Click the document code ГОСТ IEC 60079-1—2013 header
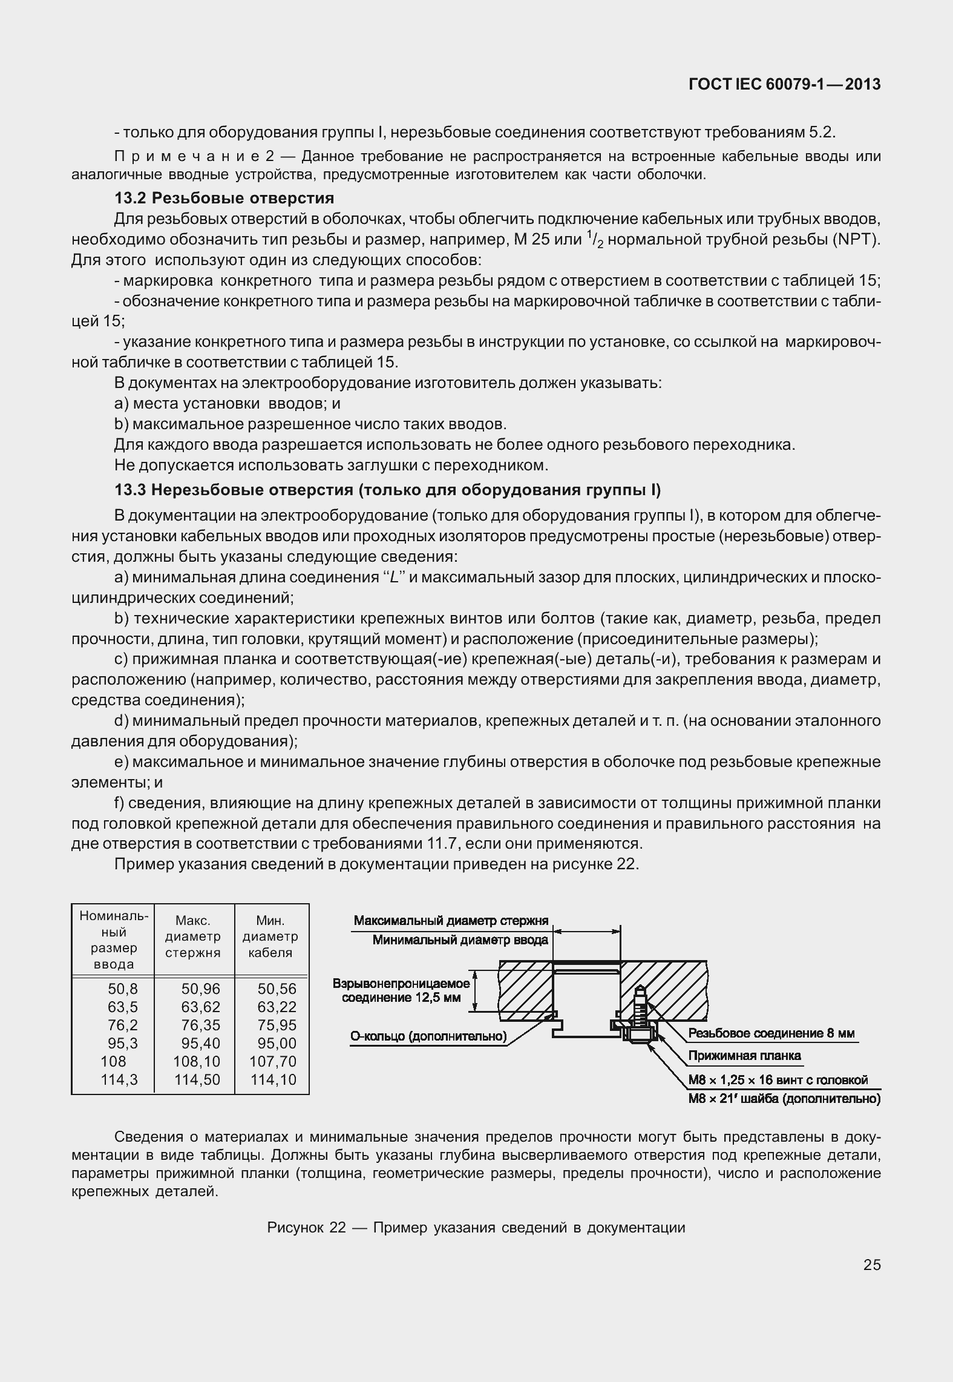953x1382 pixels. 784,85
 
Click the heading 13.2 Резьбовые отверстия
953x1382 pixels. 224,198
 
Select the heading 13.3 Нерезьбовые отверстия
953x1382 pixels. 387,489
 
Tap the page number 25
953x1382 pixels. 872,1265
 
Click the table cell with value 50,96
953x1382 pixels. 201,989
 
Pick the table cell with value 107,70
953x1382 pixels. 273,1061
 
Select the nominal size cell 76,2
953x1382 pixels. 123,1025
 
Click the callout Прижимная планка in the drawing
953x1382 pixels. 744,1056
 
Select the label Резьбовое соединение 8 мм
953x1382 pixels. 771,1033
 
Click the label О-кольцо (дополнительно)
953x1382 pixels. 428,1036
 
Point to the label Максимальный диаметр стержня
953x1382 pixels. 451,921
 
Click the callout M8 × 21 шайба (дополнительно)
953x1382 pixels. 784,1098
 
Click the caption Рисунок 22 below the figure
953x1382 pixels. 476,1227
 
